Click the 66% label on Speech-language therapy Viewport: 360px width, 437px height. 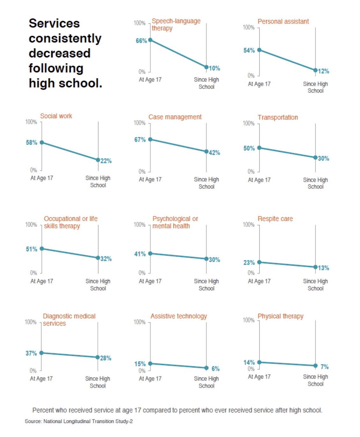coord(141,41)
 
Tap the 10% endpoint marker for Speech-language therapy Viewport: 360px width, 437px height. coord(206,67)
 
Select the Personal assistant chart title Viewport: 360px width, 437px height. coord(283,21)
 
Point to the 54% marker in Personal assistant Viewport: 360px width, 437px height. coord(259,50)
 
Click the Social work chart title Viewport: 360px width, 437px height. coord(56,116)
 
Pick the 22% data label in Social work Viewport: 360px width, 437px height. coord(106,161)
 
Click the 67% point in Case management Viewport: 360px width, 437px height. coord(150,140)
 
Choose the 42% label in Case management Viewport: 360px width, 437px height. coord(214,153)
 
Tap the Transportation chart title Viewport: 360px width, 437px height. coord(277,117)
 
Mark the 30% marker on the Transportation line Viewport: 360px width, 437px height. coord(315,157)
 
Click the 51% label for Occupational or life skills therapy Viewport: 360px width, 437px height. coord(32,249)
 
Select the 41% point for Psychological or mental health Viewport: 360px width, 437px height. coord(150,254)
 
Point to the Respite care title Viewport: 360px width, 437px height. coord(275,219)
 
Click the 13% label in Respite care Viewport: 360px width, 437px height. coord(323,268)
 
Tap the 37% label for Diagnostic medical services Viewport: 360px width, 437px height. coord(31,353)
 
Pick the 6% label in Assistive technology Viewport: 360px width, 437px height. coord(216,369)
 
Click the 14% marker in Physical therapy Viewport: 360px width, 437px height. coord(259,362)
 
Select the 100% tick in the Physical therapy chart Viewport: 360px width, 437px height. coord(248,320)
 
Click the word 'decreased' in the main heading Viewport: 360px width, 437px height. coord(60,53)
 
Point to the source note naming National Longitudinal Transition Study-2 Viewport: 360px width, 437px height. coord(79,421)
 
